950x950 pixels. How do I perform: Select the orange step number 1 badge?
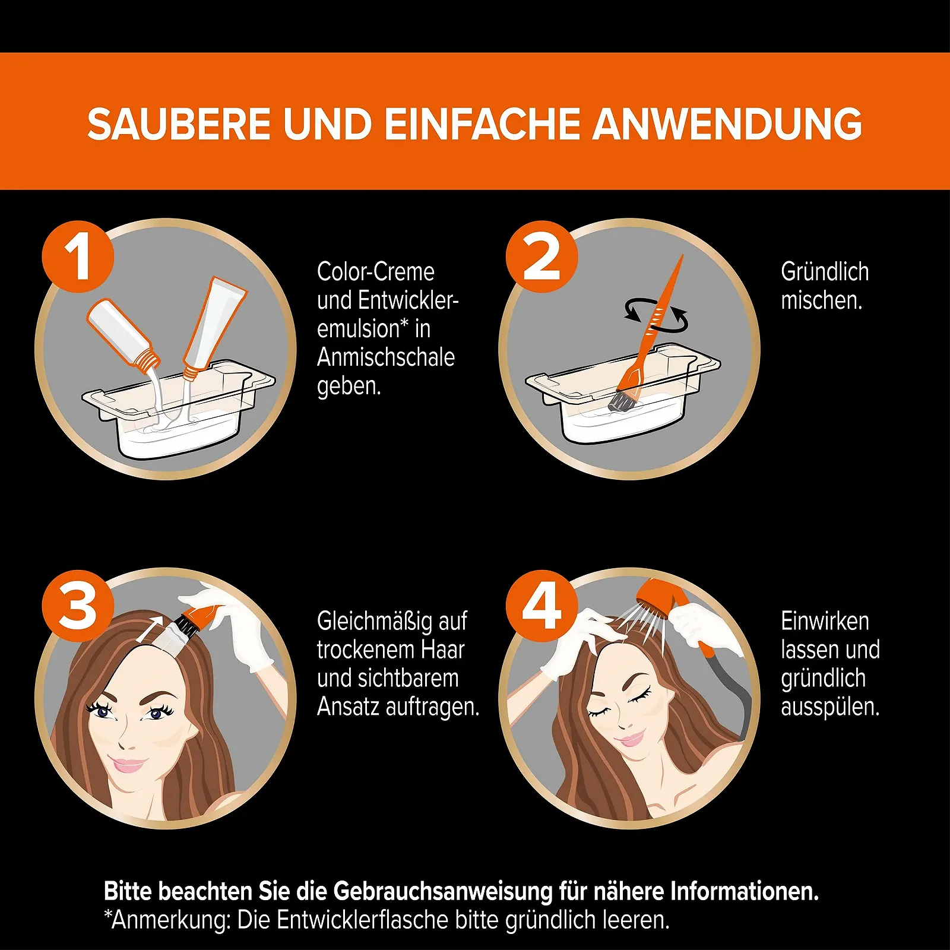(x=78, y=256)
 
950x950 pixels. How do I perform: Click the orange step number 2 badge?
(x=541, y=256)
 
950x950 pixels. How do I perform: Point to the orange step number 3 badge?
(x=78, y=606)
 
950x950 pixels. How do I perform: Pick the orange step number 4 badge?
(x=541, y=606)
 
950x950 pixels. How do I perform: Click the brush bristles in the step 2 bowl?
(x=621, y=401)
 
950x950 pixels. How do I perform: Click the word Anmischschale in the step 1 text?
(x=386, y=357)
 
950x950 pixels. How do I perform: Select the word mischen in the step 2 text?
(x=821, y=300)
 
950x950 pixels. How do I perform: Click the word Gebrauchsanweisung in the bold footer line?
(x=443, y=892)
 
